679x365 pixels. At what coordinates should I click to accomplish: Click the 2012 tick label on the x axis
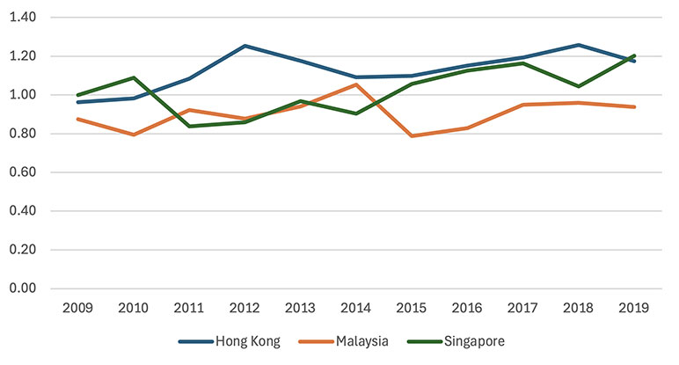[x=245, y=309]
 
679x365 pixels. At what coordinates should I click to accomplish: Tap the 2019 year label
[x=634, y=309]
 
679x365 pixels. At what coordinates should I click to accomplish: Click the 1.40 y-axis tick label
[x=31, y=18]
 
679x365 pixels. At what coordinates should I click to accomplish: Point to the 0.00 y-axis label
[x=31, y=288]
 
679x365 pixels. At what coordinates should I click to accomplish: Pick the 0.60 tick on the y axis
[x=31, y=172]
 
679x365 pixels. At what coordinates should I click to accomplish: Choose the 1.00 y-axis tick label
[x=31, y=95]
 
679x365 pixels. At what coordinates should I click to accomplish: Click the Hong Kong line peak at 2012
[x=245, y=46]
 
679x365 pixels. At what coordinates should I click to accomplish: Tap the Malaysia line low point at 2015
[x=412, y=136]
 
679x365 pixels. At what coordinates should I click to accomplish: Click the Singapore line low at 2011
[x=190, y=126]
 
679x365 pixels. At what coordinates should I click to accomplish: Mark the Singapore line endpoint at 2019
[x=634, y=55]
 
